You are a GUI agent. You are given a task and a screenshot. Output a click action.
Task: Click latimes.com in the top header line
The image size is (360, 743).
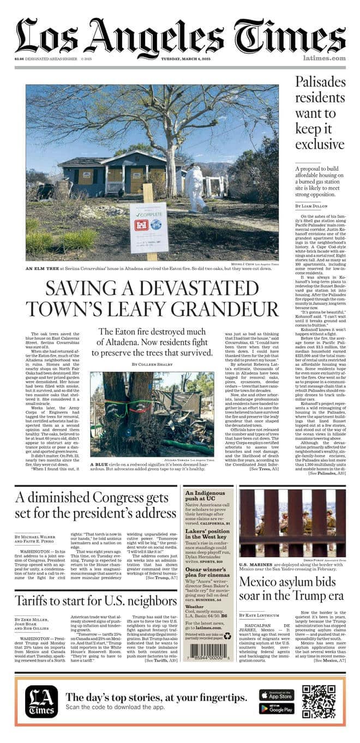point(325,58)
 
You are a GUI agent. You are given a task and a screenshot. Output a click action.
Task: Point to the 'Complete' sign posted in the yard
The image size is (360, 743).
point(149,228)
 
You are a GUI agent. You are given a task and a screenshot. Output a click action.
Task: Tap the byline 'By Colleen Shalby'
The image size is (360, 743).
point(152,364)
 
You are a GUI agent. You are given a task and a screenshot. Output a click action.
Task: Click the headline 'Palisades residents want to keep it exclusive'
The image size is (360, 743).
point(320,113)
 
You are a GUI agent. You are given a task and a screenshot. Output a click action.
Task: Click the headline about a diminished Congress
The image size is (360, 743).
point(95,505)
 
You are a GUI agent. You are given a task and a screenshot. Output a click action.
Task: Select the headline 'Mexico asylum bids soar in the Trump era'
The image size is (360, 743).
point(292,588)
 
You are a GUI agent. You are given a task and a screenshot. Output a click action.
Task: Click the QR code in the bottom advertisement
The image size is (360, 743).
point(319,701)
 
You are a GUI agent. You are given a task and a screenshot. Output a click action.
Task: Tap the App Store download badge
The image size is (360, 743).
point(277,694)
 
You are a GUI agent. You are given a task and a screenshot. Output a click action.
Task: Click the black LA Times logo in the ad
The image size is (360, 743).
point(41,701)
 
